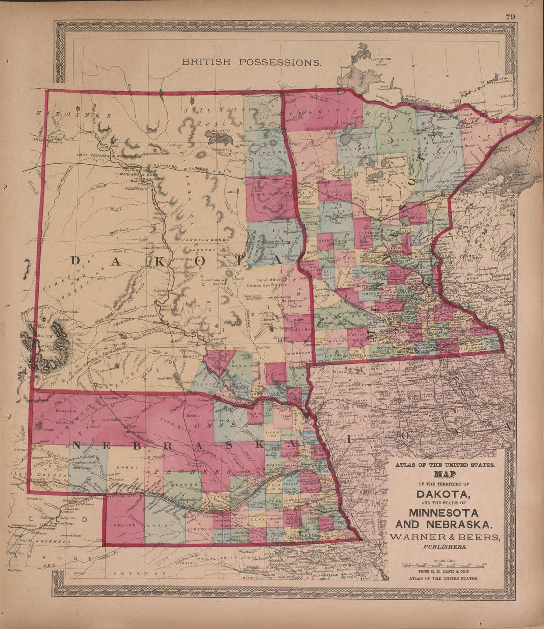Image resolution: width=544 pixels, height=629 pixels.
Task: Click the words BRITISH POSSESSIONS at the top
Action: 252,62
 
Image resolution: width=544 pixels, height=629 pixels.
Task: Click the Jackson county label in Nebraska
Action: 123,526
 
